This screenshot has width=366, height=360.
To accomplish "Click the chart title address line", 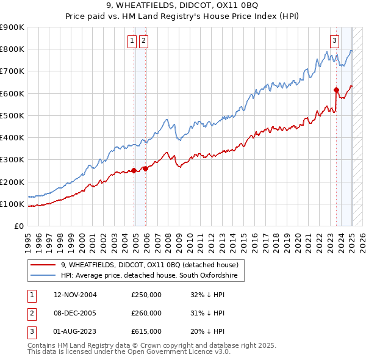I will pyautogui.click(x=183, y=7).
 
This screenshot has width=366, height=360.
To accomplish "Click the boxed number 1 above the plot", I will pyautogui.click(x=132, y=41).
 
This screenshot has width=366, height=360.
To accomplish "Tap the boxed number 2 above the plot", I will pyautogui.click(x=143, y=41).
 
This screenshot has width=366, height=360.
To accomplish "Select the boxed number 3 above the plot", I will pyautogui.click(x=335, y=41).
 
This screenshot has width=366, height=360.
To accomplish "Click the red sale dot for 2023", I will pyautogui.click(x=336, y=90).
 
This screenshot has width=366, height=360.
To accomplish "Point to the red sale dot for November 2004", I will pyautogui.click(x=134, y=171).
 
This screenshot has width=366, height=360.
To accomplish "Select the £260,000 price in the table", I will pyautogui.click(x=146, y=313).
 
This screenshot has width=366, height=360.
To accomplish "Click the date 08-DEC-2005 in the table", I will pyautogui.click(x=75, y=313).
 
